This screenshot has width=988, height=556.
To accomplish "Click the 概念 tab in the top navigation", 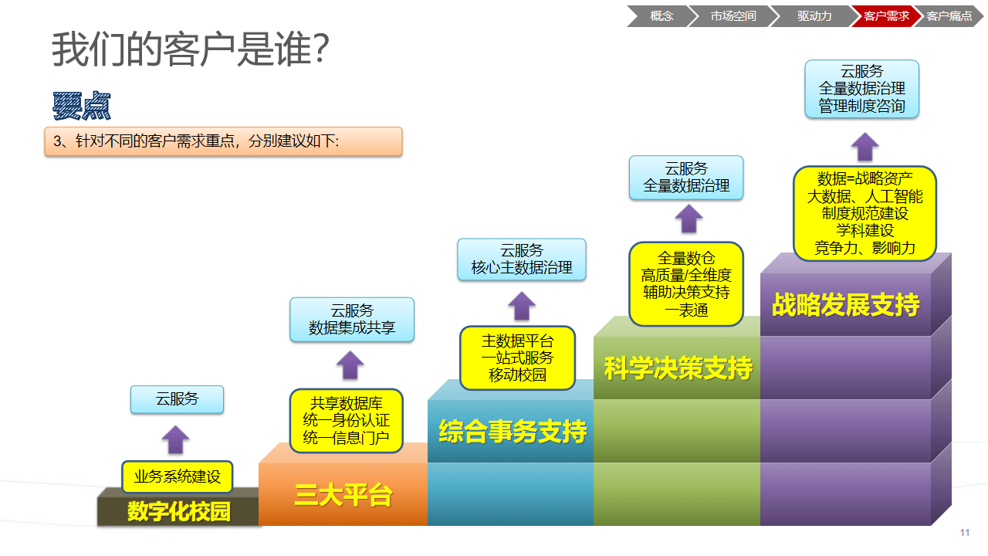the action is (661, 15).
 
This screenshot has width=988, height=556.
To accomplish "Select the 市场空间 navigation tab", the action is (733, 15).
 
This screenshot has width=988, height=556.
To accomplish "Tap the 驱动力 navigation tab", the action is (814, 15).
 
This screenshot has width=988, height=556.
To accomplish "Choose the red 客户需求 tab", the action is (886, 15).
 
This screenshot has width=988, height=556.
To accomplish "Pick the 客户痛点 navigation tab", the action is (949, 15).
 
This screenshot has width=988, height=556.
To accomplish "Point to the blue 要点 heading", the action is (82, 107).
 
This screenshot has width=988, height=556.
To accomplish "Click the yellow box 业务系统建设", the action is (178, 476).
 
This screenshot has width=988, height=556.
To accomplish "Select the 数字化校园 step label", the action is (179, 511).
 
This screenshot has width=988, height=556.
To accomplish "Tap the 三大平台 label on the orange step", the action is (343, 495).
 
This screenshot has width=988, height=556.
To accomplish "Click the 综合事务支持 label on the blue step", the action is (513, 432).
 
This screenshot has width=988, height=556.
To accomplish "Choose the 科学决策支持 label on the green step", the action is (678, 368).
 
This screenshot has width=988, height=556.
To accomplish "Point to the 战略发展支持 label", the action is (845, 305).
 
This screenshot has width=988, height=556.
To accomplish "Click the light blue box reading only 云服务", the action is (177, 399).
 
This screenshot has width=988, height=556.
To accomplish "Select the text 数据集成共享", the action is (352, 328).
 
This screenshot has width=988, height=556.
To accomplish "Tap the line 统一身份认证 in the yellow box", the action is (347, 421).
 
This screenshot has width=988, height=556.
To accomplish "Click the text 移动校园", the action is (517, 375).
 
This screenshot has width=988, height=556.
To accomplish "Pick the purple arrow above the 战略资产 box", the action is (865, 146).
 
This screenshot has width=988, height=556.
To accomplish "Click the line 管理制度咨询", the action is (861, 106).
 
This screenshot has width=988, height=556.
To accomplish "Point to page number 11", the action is (965, 533).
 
